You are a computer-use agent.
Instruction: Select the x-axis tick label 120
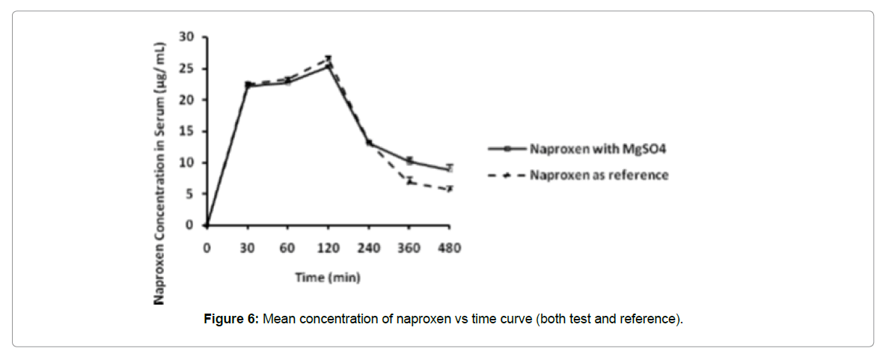click(328, 248)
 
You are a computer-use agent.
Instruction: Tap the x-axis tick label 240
click(368, 248)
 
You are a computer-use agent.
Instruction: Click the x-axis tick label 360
click(409, 248)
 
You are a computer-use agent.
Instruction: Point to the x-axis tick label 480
click(449, 248)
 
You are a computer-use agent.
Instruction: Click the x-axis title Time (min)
click(328, 278)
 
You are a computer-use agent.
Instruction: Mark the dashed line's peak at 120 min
click(329, 58)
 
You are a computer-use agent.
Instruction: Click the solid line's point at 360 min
click(409, 161)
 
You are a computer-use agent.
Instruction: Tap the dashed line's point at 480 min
click(449, 189)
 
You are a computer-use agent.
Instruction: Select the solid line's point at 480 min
click(449, 169)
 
